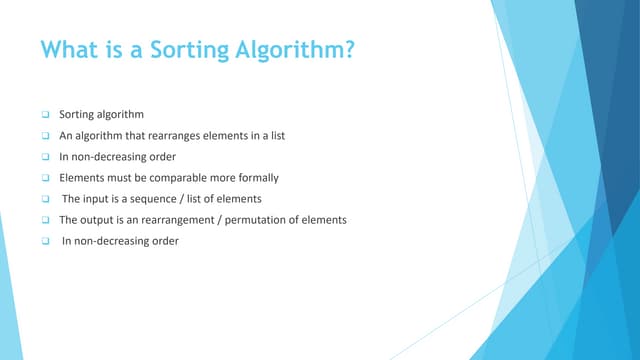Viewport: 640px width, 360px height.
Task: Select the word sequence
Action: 166,198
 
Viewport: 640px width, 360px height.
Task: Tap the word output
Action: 102,219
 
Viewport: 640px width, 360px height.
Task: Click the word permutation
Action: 262,219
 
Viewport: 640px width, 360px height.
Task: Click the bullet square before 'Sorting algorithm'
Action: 45,115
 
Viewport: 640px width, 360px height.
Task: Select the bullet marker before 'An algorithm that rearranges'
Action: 45,136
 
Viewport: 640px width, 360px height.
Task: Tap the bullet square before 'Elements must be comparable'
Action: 45,178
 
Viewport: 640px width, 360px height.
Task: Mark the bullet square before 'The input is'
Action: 45,199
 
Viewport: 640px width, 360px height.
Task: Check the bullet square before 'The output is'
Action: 45,220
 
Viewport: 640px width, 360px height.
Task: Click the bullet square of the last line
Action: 45,241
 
